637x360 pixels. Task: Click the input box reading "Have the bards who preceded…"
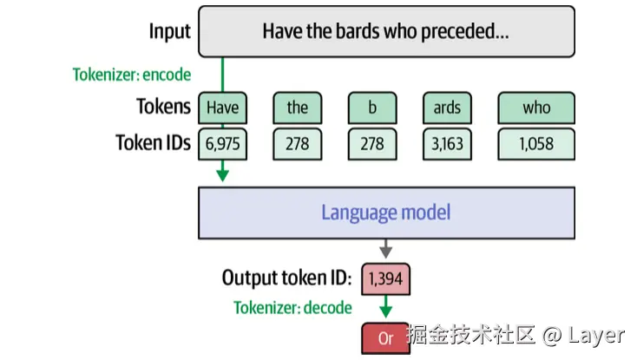coord(386,32)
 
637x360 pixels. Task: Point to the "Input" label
coord(169,32)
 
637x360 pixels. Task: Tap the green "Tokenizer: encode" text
coord(131,75)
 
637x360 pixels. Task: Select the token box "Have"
coord(222,108)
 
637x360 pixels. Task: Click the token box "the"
coord(297,108)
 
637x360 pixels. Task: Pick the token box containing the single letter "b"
coord(372,108)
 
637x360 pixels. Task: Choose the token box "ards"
coord(447,108)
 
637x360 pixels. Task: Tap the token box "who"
coord(536,108)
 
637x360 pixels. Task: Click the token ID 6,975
coord(222,143)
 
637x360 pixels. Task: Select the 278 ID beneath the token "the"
coord(297,143)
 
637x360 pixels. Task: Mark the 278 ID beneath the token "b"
coord(372,143)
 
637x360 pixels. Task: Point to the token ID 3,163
coord(447,143)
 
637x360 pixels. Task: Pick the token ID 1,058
coord(536,143)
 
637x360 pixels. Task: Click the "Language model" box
coord(386,213)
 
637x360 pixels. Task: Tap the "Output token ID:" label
coord(286,278)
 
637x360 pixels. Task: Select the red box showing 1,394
coord(386,278)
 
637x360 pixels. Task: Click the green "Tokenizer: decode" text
coord(292,308)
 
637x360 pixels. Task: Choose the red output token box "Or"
coord(386,337)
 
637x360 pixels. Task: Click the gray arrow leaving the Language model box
coord(386,250)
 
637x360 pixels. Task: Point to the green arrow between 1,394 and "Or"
coord(386,308)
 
